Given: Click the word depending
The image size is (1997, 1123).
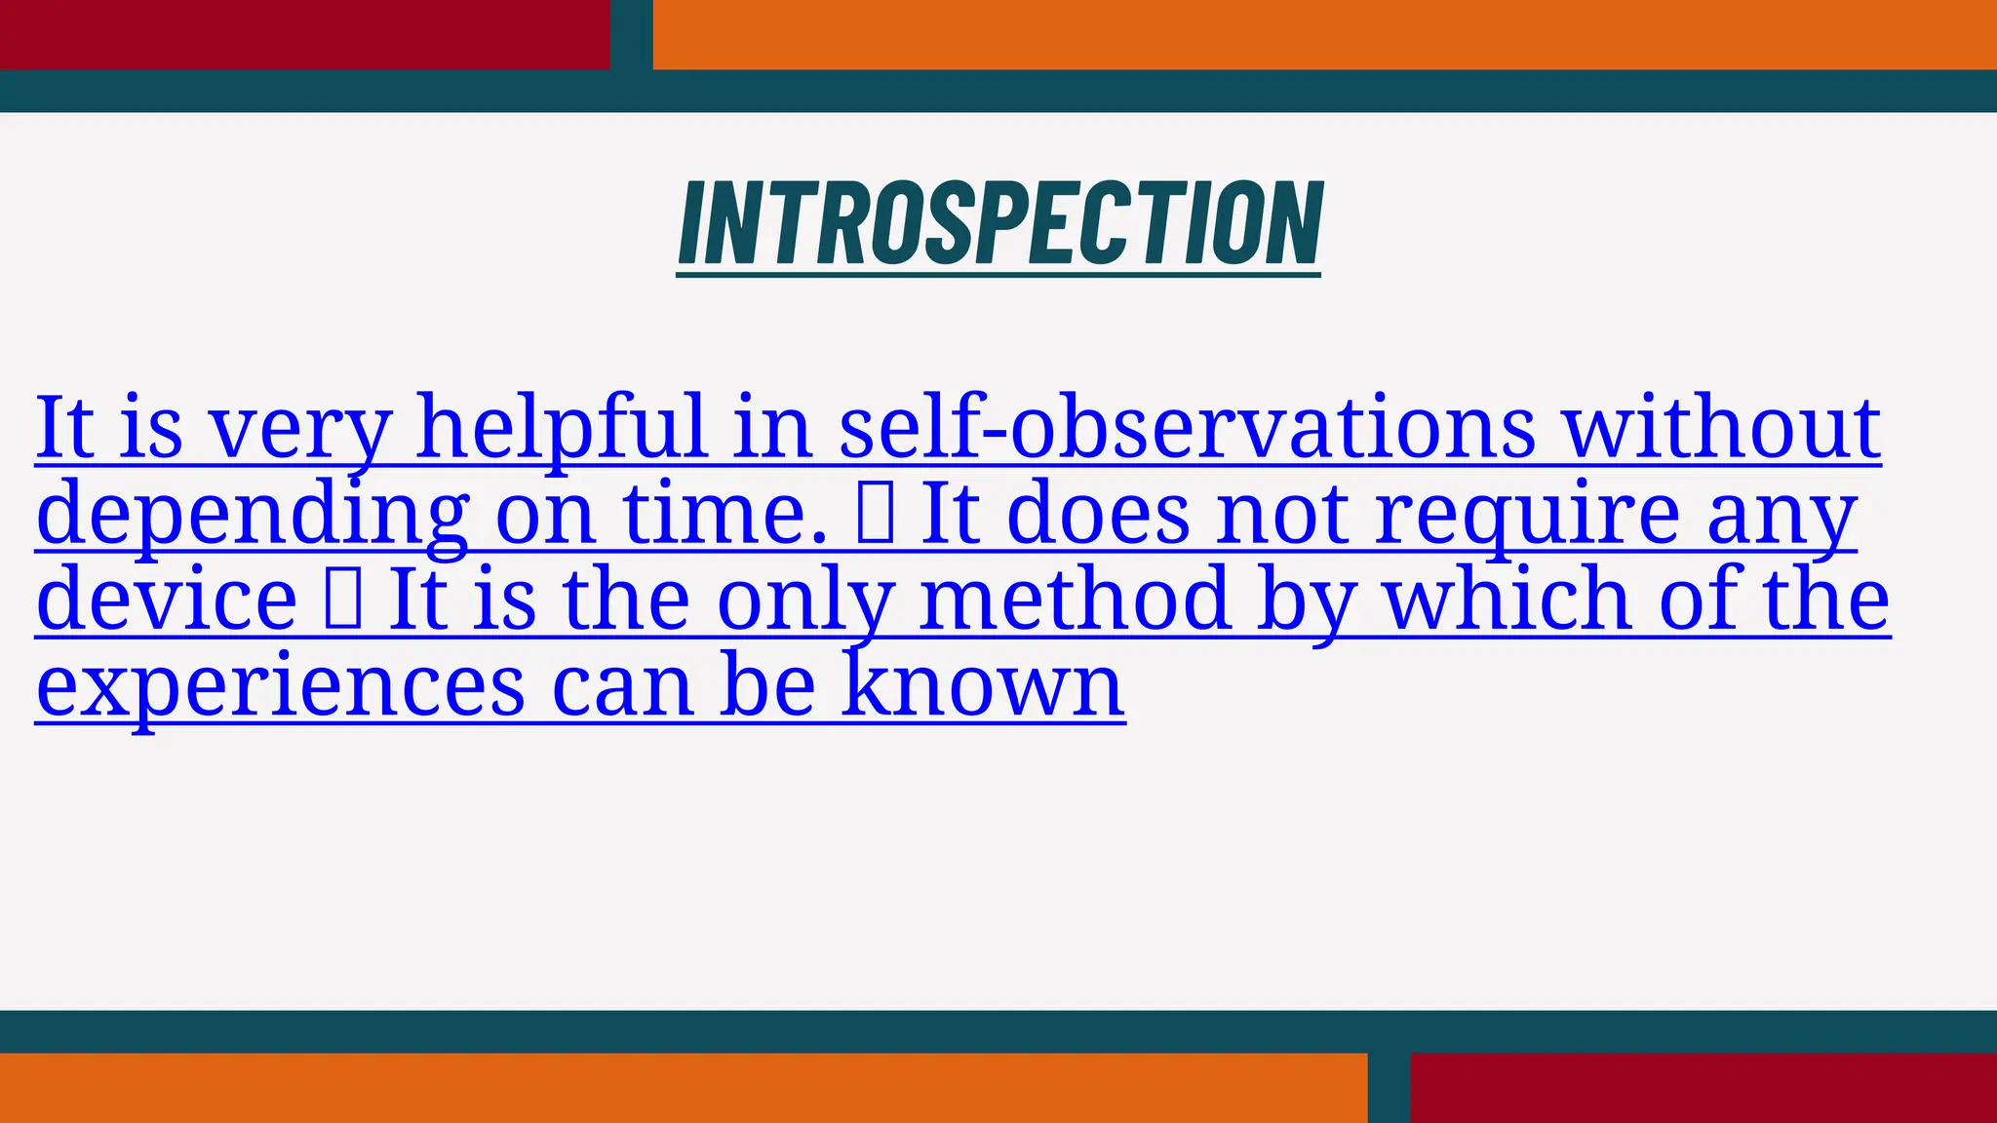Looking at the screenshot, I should pyautogui.click(x=253, y=515).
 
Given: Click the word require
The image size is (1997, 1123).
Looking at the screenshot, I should pyautogui.click(x=1526, y=515).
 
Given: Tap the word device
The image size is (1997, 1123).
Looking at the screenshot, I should pyautogui.click(x=167, y=599).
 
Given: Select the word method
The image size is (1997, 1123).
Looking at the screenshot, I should pyautogui.click(x=1074, y=599).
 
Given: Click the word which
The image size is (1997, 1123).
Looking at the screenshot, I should pyautogui.click(x=1508, y=599).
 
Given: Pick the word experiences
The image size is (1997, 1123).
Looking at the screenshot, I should pyautogui.click(x=281, y=686).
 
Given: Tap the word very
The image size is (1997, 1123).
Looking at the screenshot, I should pyautogui.click(x=300, y=429).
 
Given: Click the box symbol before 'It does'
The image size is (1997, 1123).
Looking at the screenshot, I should pyautogui.click(x=875, y=515).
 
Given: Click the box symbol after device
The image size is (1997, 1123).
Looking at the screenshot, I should pyautogui.click(x=343, y=600).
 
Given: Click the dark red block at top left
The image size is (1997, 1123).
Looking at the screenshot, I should pyautogui.click(x=304, y=34).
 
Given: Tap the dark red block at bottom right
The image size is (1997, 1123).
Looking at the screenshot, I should pyautogui.click(x=1703, y=1088).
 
